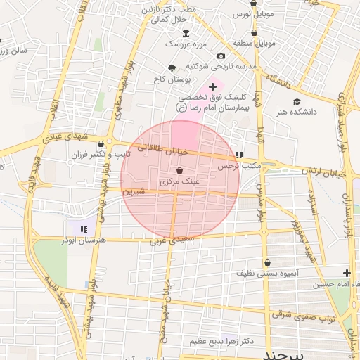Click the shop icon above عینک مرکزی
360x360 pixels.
(180, 171)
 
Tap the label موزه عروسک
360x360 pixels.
(186, 44)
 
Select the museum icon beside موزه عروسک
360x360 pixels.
(186, 34)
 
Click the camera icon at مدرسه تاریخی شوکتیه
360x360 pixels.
(221, 56)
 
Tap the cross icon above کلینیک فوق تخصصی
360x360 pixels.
(213, 86)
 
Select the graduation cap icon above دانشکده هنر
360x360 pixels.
(297, 101)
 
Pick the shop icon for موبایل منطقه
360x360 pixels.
(254, 32)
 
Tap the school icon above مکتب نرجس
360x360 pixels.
(239, 155)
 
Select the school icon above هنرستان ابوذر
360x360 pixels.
(84, 229)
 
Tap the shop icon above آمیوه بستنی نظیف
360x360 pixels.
(267, 262)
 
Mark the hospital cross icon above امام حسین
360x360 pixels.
(347, 273)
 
